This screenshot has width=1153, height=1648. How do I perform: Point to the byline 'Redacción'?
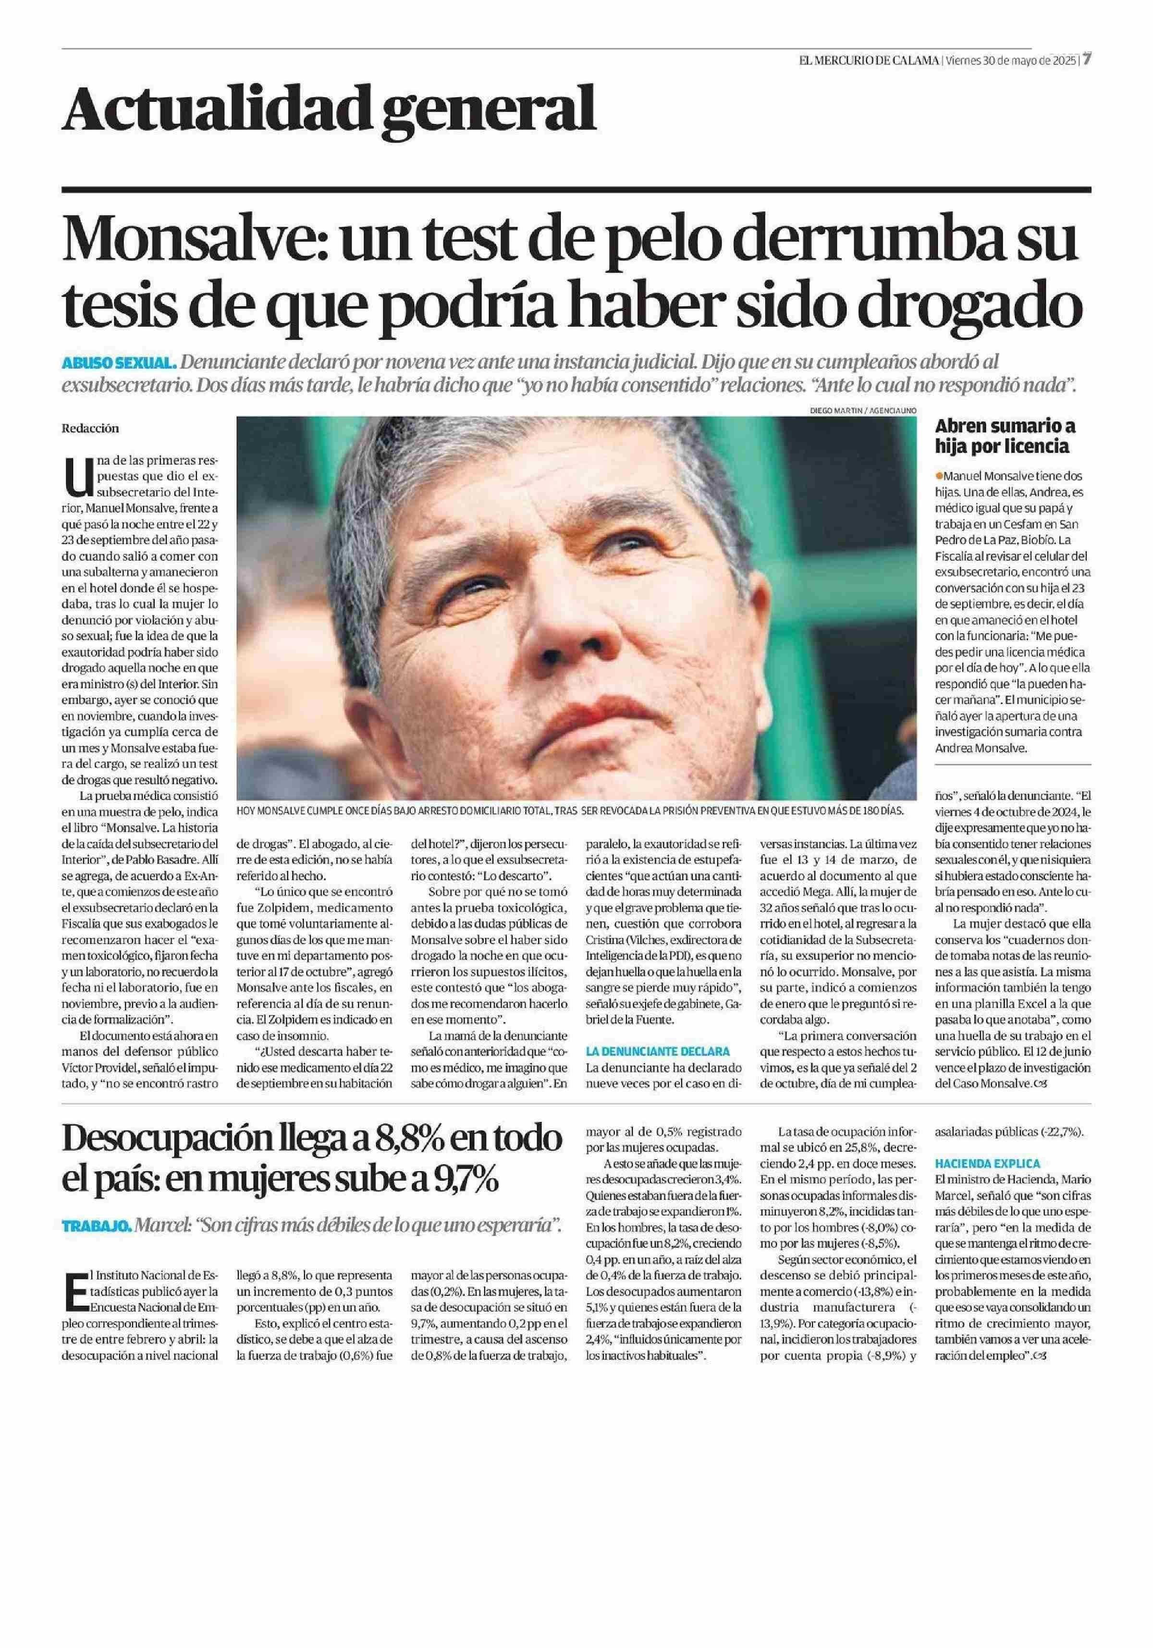(90, 429)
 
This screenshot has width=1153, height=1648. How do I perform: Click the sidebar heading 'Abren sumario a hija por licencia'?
(1005, 436)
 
